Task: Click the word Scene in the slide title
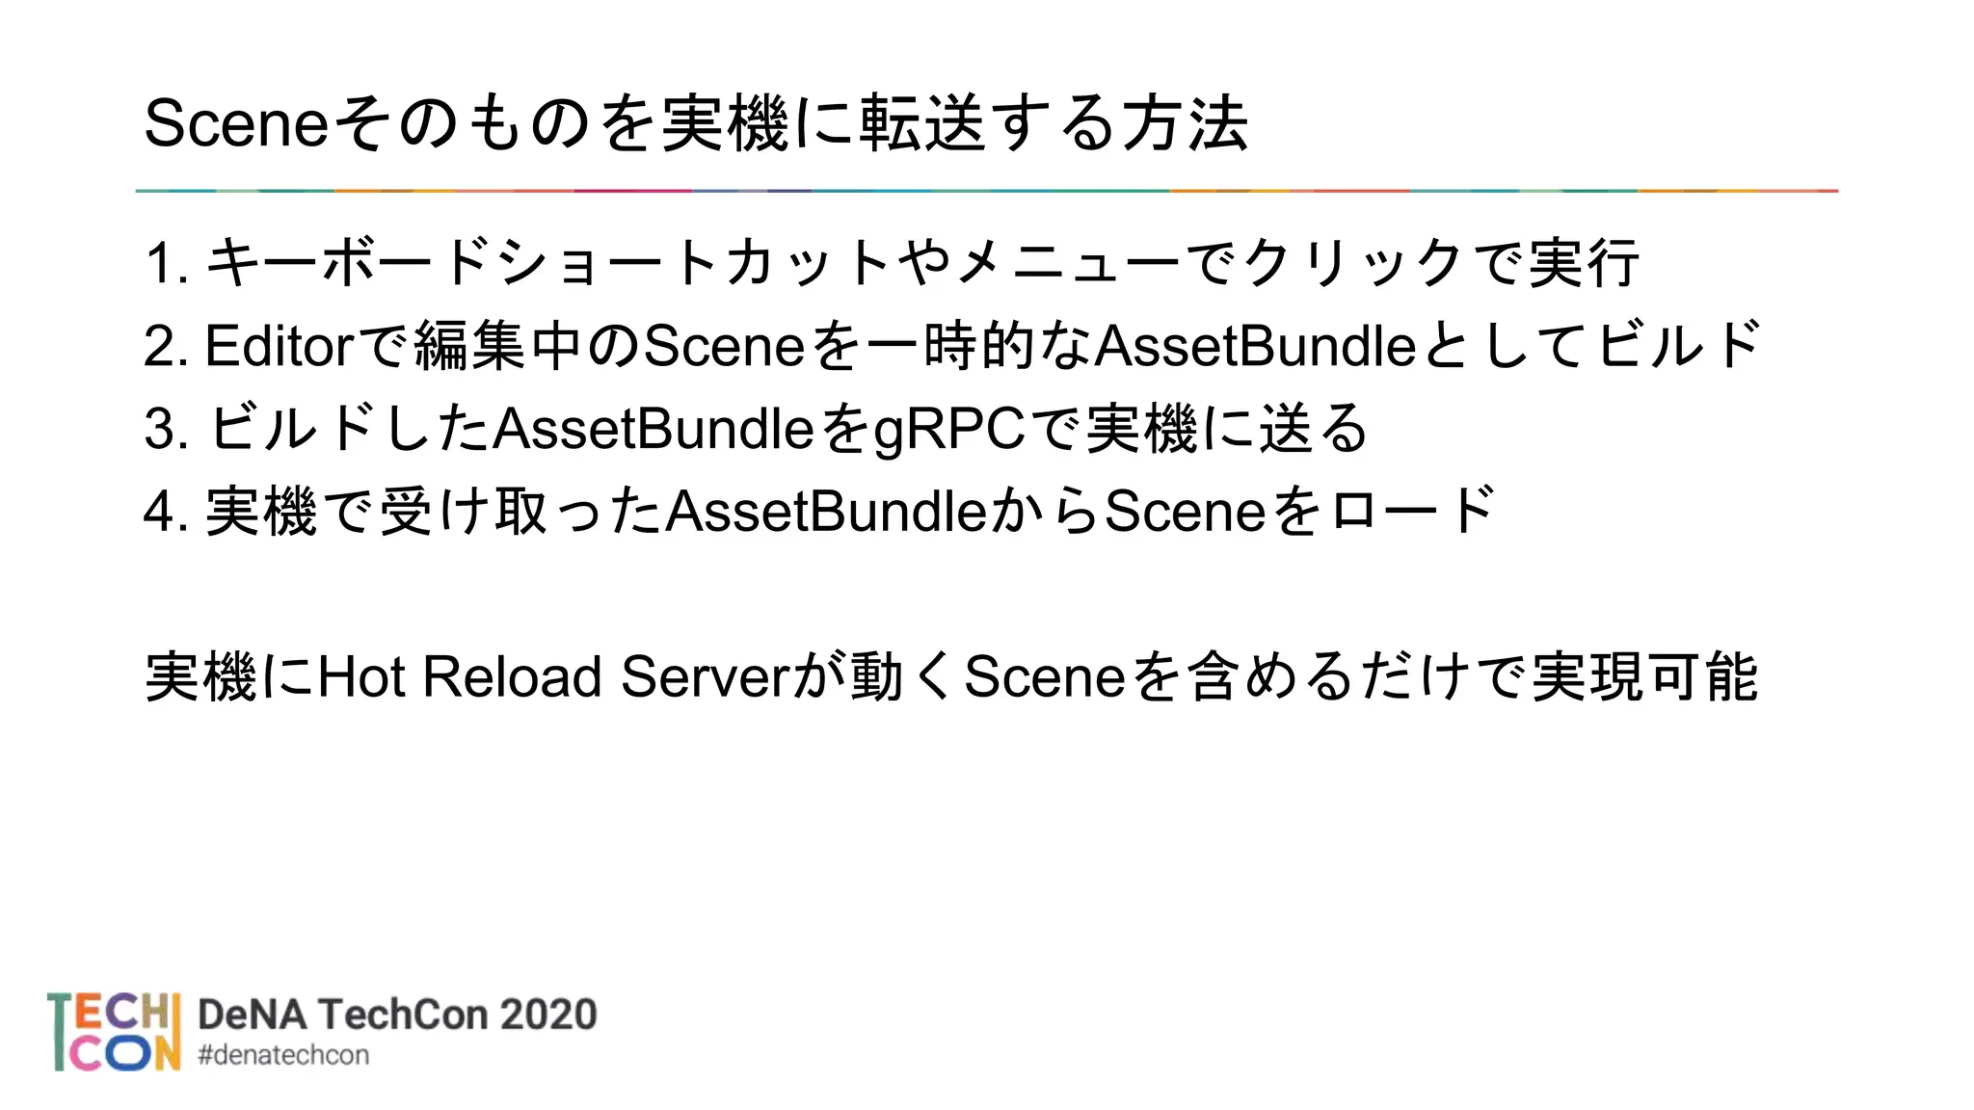tap(236, 124)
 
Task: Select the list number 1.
tap(160, 263)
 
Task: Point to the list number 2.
tap(160, 346)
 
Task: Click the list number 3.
tap(160, 429)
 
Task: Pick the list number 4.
tap(160, 512)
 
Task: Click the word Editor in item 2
tap(280, 346)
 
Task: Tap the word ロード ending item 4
tap(1412, 512)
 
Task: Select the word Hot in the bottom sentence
tap(360, 677)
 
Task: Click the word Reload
tap(512, 677)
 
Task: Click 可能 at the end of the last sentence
tap(1702, 677)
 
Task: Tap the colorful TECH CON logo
tap(114, 1032)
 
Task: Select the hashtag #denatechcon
tap(282, 1056)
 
